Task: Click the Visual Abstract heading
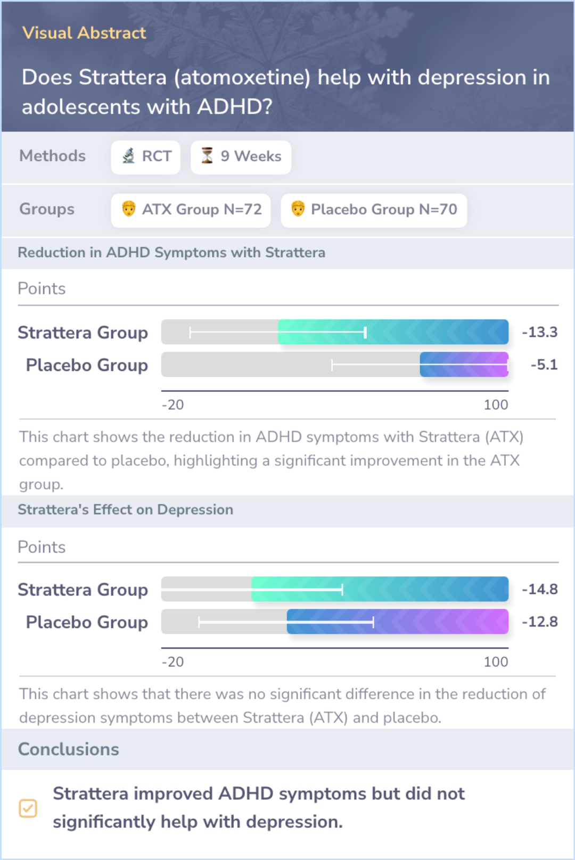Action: point(84,33)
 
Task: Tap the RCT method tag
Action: point(146,157)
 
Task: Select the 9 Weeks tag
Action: point(241,157)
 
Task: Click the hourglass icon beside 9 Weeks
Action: point(207,155)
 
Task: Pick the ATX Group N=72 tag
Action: point(191,210)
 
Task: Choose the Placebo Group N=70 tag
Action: point(374,210)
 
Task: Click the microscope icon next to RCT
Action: point(129,156)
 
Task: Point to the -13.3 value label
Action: point(539,332)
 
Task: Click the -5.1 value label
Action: point(544,365)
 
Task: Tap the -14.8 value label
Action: point(539,589)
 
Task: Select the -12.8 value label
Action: point(539,622)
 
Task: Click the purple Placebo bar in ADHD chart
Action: point(464,365)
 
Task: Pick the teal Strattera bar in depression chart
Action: point(380,589)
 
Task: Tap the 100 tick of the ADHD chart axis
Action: point(496,405)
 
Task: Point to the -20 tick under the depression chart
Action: point(173,662)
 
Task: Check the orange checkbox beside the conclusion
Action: point(28,808)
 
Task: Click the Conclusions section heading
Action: point(69,749)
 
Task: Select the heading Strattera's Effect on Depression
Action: point(126,510)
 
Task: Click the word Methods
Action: point(52,156)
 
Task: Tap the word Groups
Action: point(47,209)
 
